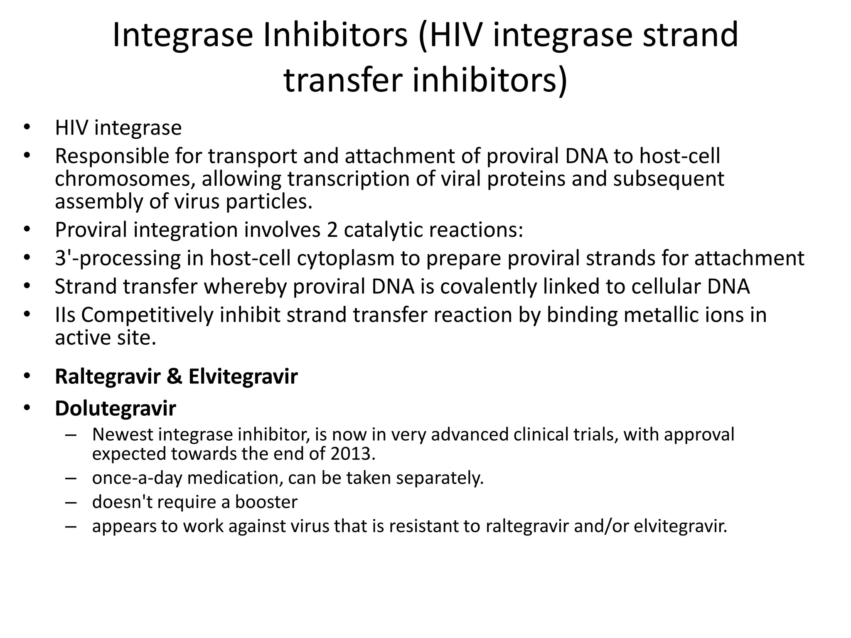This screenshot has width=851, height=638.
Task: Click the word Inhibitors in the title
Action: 335,35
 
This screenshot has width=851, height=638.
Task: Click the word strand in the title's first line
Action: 690,35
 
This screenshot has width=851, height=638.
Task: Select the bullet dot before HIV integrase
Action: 27,127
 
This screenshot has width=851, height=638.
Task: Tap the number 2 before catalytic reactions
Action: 332,230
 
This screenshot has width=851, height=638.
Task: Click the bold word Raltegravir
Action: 108,377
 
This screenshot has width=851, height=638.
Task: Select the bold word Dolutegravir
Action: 115,409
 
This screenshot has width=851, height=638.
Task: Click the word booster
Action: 266,502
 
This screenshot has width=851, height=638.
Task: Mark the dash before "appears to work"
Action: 71,527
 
